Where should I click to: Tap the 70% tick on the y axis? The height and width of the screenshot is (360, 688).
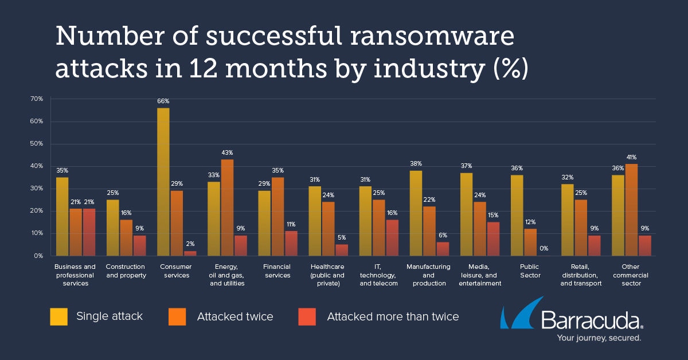click(37, 99)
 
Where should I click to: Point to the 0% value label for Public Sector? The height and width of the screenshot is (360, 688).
click(544, 248)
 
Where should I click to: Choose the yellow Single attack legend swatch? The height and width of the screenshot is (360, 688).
click(59, 316)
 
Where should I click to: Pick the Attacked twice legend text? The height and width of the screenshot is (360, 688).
click(235, 316)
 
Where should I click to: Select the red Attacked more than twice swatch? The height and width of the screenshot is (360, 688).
click(307, 316)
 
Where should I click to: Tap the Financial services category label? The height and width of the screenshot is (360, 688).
click(277, 271)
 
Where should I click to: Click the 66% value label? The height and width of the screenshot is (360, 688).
click(163, 101)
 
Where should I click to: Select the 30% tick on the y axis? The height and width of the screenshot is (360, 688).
click(37, 189)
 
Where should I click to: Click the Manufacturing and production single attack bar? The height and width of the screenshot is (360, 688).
click(416, 213)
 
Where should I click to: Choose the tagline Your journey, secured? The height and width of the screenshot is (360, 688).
click(599, 338)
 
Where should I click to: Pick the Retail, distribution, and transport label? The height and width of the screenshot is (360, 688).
click(581, 275)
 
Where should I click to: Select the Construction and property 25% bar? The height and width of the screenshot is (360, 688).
click(113, 228)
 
